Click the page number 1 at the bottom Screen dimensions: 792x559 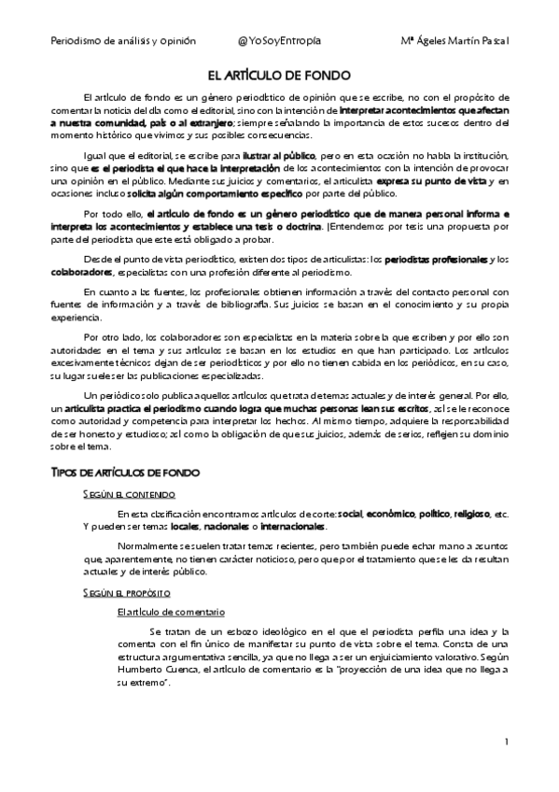[505, 742]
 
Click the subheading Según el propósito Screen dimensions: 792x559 [126, 592]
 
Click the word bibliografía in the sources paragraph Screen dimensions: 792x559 [278, 305]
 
